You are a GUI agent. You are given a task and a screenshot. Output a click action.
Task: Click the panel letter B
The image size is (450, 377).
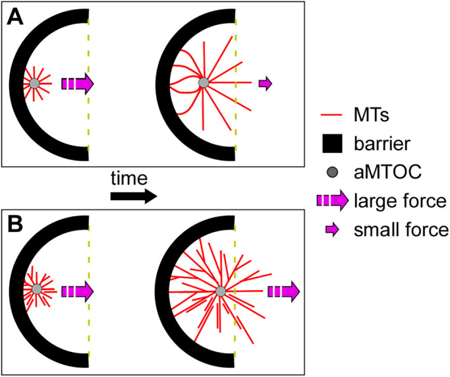pos(14,221)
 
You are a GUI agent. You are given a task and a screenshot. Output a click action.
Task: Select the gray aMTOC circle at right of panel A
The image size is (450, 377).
pos(203,83)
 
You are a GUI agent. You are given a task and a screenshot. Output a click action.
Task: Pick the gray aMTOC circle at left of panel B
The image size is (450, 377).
pos(36,289)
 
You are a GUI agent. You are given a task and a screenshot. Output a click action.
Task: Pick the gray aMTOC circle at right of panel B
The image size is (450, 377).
pos(220,291)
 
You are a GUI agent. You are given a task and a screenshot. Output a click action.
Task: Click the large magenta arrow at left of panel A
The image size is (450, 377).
pos(78,83)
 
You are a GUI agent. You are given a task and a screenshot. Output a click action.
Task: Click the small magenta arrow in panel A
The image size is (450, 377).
pos(265,83)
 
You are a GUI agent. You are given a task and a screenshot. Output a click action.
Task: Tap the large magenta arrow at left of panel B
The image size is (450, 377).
pos(78,289)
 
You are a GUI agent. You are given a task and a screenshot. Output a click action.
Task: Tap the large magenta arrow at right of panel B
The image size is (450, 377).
pos(284,291)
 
